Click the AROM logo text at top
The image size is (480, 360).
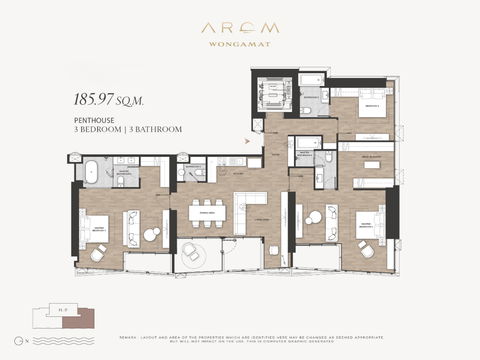(x=239, y=30)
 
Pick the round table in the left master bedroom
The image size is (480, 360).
(x=151, y=235)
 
